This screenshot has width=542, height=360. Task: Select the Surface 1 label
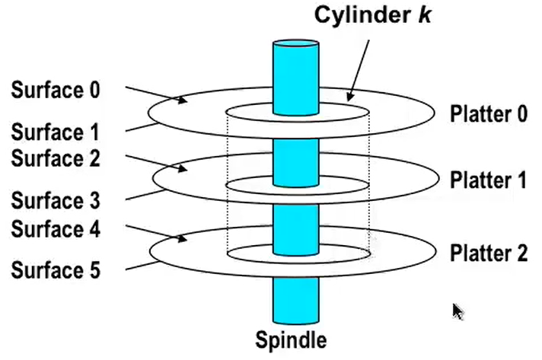tap(56, 133)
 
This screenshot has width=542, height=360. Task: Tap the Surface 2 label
tap(56, 160)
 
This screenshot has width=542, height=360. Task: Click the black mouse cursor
tap(458, 311)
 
